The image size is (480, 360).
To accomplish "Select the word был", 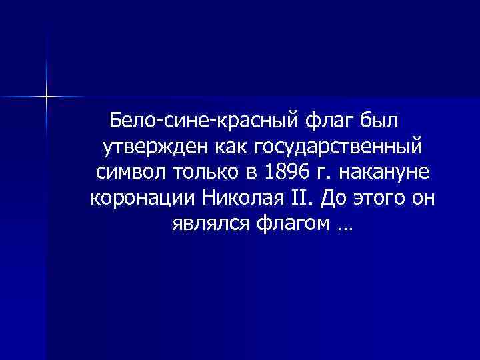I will (x=377, y=123).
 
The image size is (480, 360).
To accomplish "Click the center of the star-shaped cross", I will (x=47, y=97).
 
